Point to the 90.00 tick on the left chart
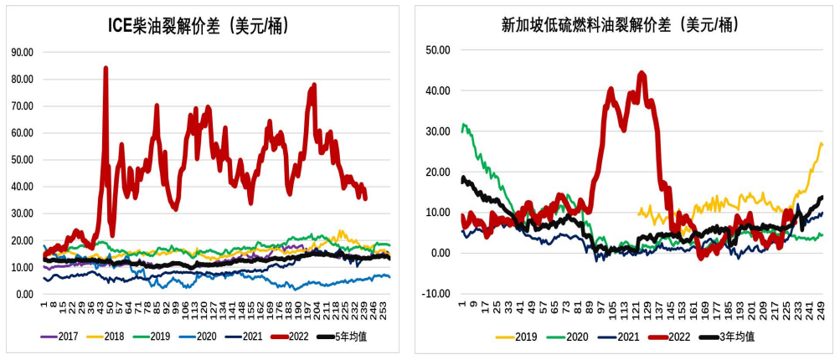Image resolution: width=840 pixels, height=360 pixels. click(x=22, y=52)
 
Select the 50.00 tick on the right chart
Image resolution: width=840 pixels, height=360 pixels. click(x=438, y=50)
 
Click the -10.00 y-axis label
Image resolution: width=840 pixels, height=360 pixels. click(x=437, y=294)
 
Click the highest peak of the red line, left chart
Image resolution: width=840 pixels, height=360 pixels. click(x=106, y=68)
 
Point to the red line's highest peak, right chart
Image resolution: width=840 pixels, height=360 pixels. click(x=642, y=73)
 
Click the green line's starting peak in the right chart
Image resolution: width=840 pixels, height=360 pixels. click(x=464, y=125)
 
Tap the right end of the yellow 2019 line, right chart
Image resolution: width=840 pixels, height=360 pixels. click(x=822, y=144)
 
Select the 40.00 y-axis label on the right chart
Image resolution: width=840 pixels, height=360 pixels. click(x=438, y=90)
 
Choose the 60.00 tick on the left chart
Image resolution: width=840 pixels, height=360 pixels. click(x=22, y=133)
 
